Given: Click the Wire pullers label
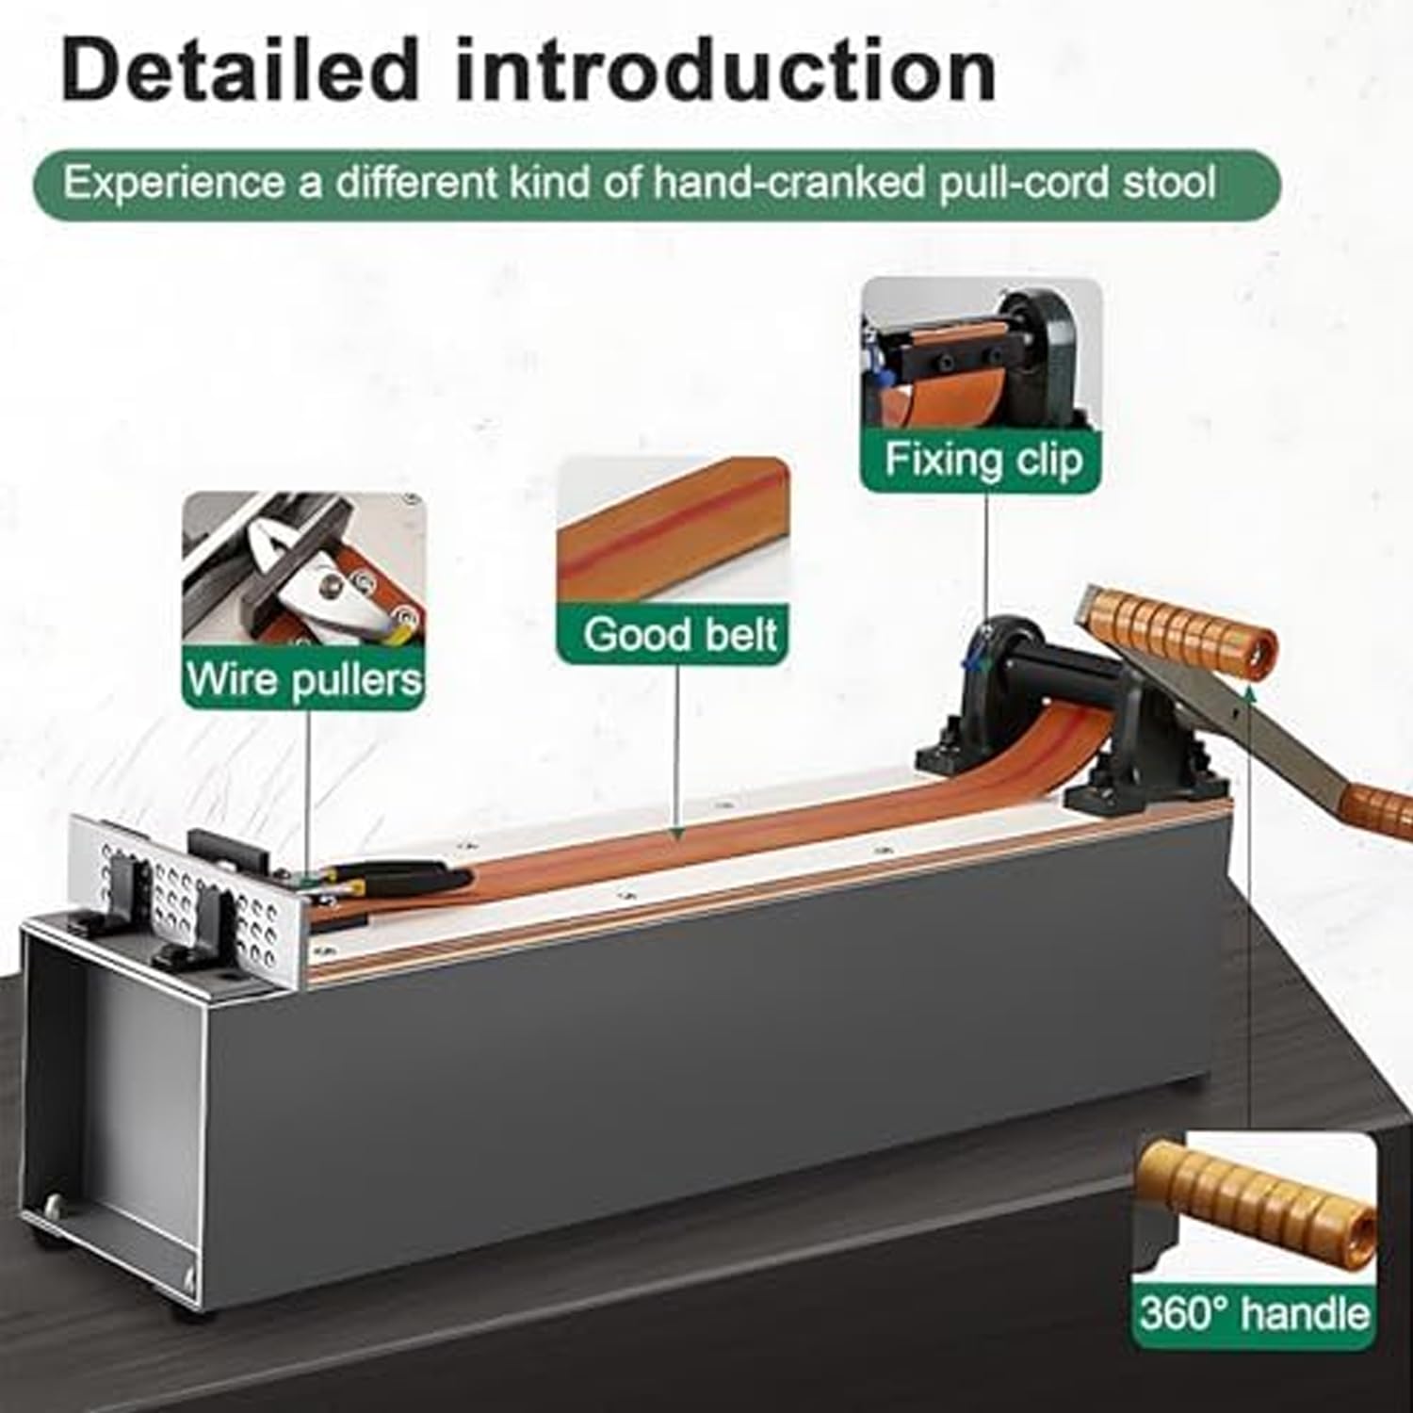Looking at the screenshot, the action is pyautogui.click(x=303, y=679).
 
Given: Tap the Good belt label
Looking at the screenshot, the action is pyautogui.click(x=679, y=635).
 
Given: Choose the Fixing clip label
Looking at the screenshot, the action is pyautogui.click(x=982, y=461).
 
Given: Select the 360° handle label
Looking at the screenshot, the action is pyautogui.click(x=1252, y=1312).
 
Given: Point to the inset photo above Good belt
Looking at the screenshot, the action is pyautogui.click(x=673, y=531).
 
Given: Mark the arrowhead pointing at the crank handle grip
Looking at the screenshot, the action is pyautogui.click(x=1249, y=692).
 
